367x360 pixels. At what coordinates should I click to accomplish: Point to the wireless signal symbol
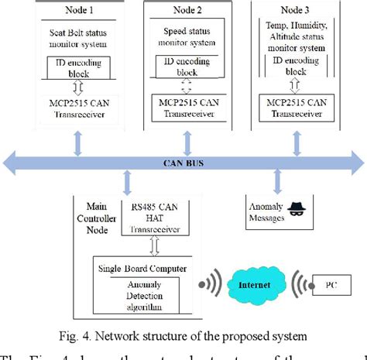(211, 285)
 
